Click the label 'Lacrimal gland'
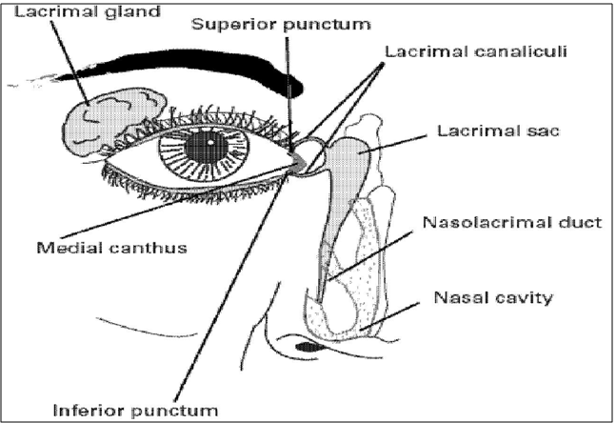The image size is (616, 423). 59,11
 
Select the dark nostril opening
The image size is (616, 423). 307,347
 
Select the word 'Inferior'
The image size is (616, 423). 90,411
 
